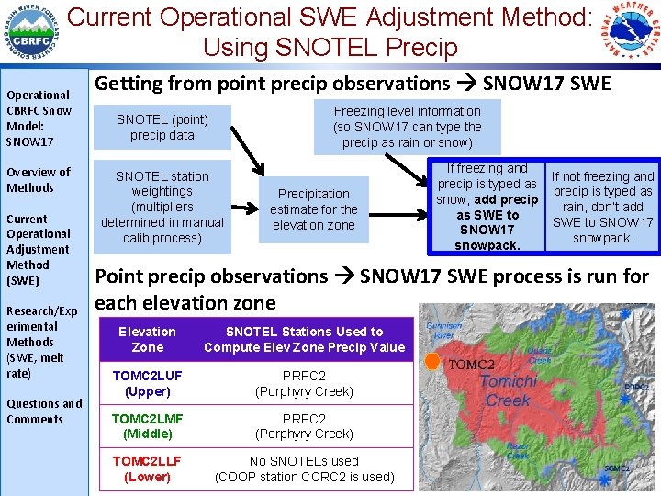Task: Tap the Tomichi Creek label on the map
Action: click(x=508, y=390)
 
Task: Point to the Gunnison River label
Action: click(x=442, y=328)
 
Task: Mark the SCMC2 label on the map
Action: click(x=616, y=468)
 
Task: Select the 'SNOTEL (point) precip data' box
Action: click(x=162, y=128)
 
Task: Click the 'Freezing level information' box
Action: click(x=407, y=127)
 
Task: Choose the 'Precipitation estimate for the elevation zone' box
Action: click(x=314, y=209)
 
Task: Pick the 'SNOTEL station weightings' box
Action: click(x=162, y=207)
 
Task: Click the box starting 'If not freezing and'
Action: click(x=602, y=207)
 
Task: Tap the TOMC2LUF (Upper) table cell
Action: click(x=147, y=384)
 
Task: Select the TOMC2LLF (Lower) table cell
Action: click(x=147, y=468)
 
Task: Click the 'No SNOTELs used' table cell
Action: click(x=304, y=468)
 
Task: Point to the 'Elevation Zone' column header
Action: click(x=147, y=339)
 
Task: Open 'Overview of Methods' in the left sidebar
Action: click(x=38, y=180)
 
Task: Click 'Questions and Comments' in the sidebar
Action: click(x=44, y=411)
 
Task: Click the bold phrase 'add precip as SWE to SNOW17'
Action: click(x=487, y=215)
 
